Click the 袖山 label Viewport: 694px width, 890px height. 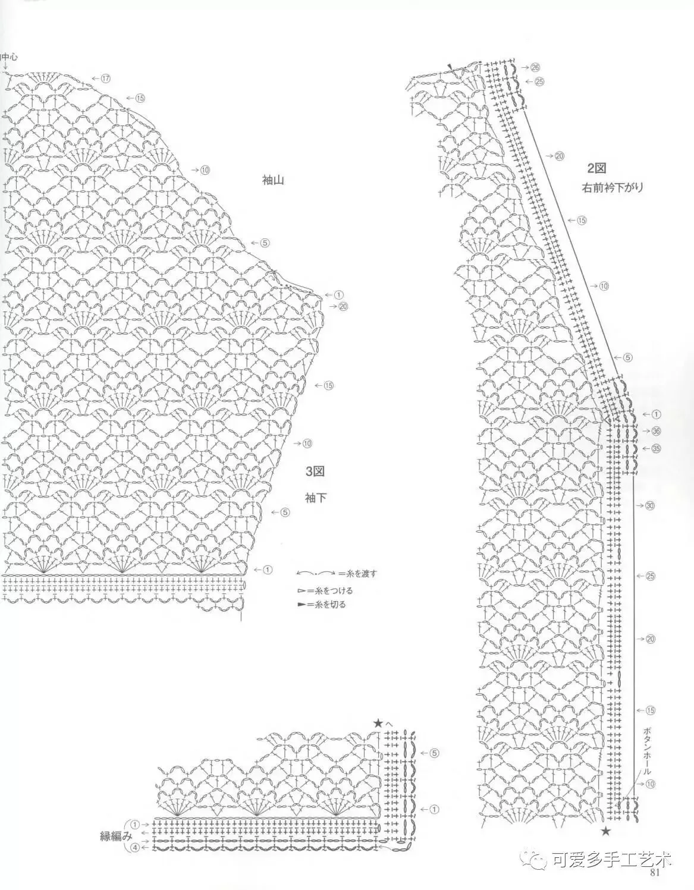pos(273,179)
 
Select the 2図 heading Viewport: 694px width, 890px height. pos(596,169)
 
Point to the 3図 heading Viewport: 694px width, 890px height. pos(315,472)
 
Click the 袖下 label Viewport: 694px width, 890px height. pos(315,498)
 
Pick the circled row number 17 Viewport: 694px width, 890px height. pos(106,78)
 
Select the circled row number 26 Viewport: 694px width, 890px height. pos(535,67)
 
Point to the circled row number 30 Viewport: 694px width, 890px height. pos(650,506)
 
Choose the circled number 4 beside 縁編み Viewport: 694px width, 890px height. pos(135,847)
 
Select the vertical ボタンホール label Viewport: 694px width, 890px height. pos(648,749)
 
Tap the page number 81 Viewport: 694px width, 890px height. pos(657,873)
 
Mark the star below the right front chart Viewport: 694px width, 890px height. pos(606,831)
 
